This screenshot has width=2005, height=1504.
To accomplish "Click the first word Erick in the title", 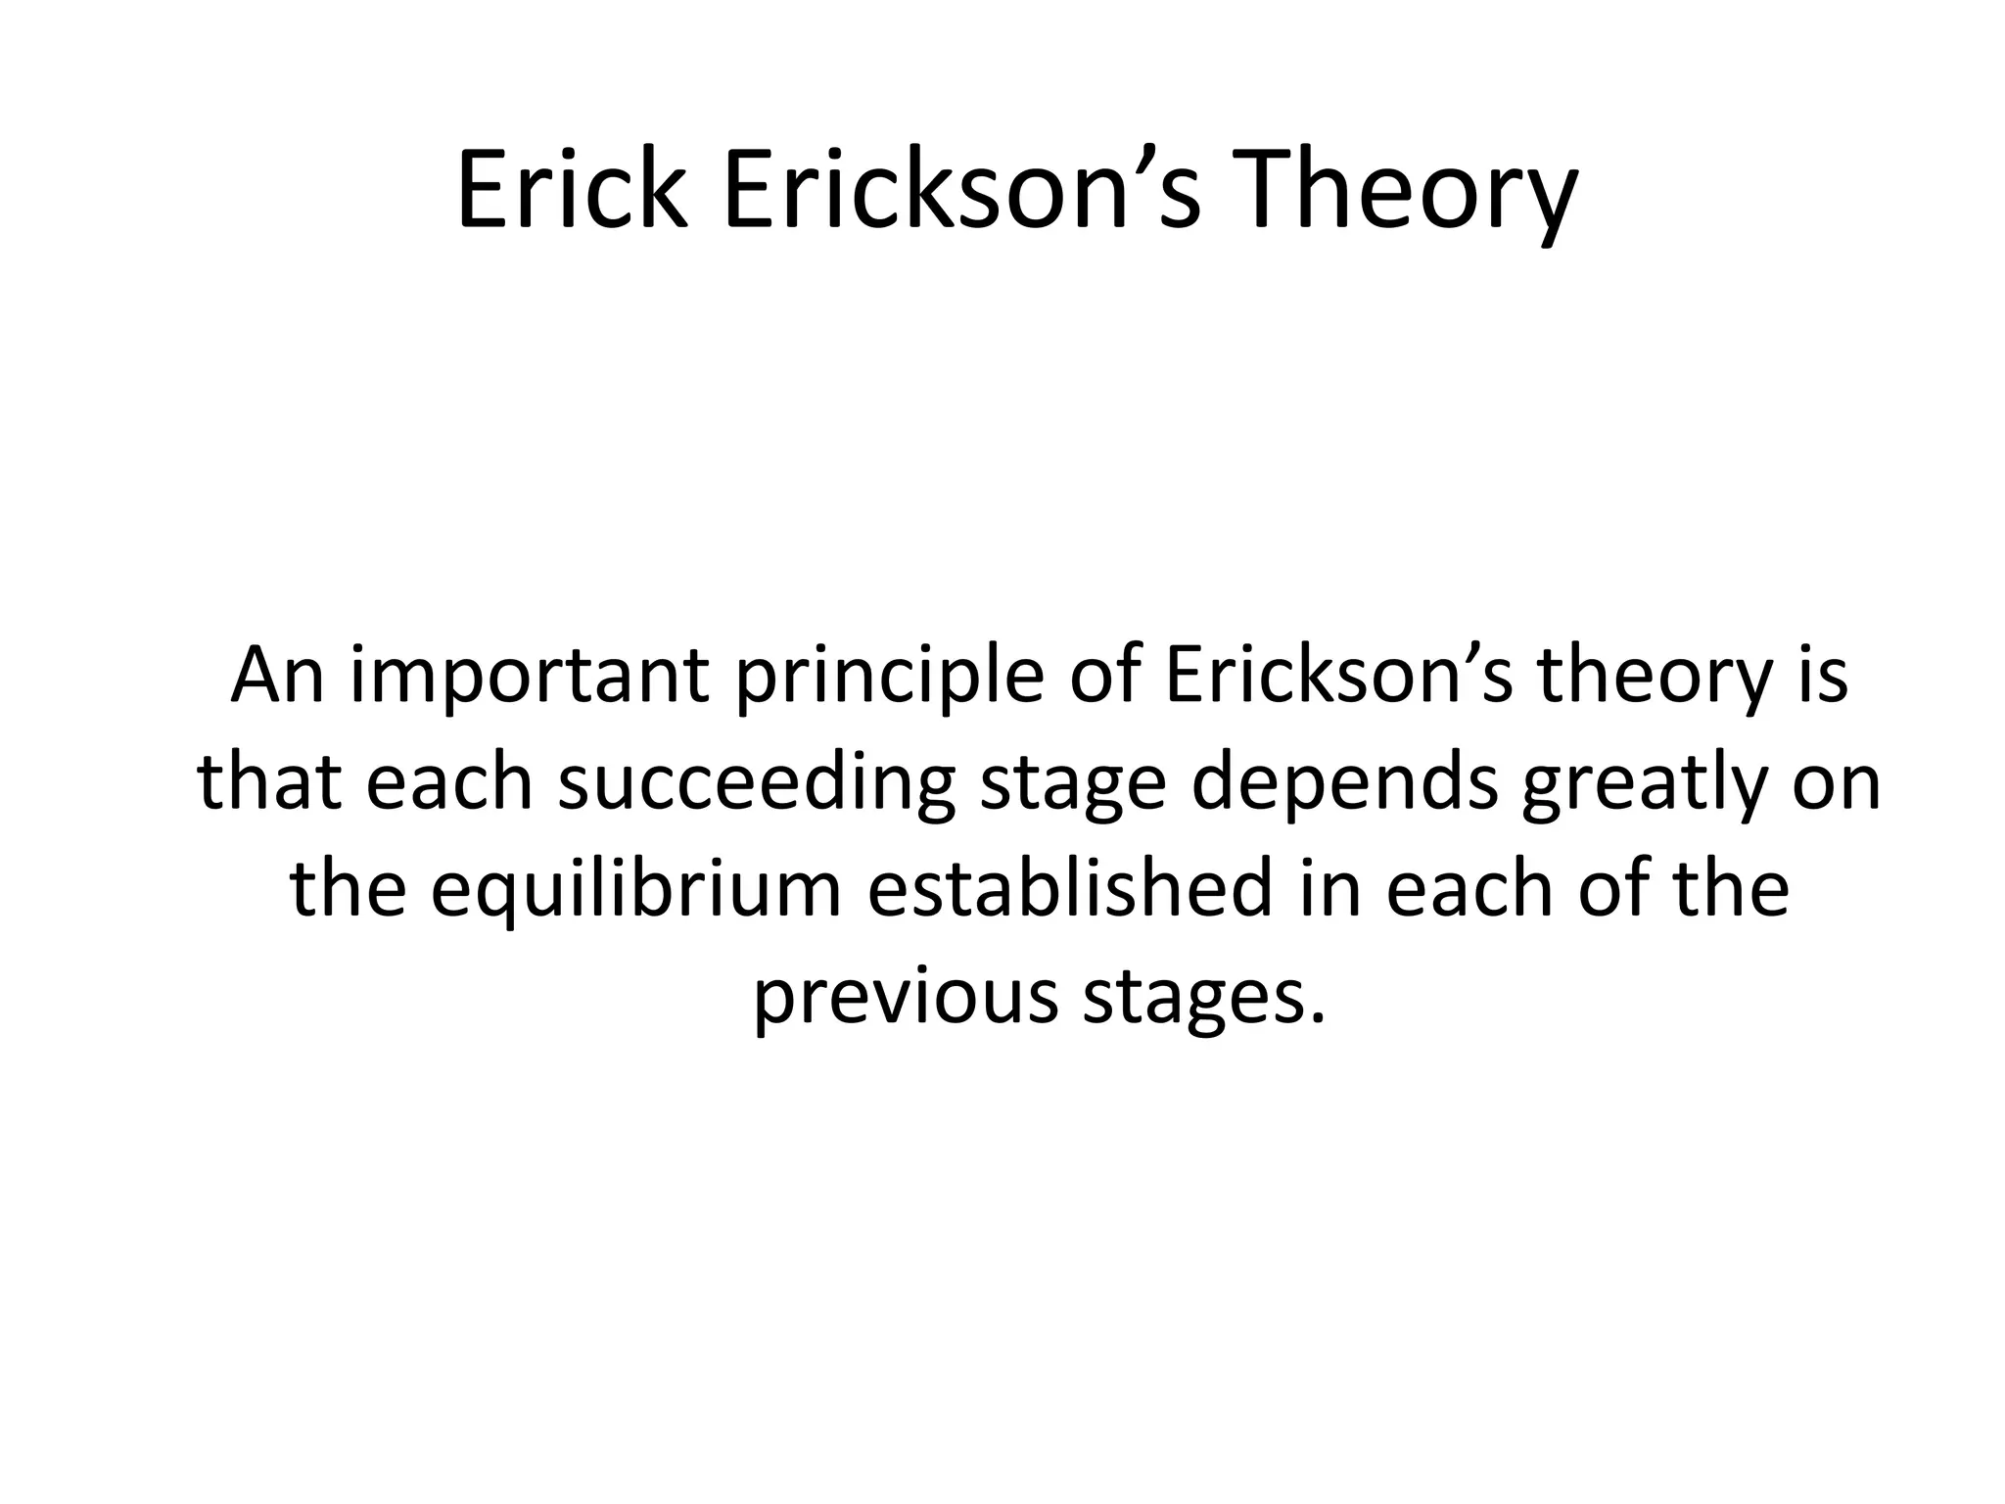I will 572,191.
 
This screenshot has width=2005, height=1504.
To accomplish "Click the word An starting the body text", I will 277,675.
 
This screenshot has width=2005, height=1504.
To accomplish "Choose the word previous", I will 906,998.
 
